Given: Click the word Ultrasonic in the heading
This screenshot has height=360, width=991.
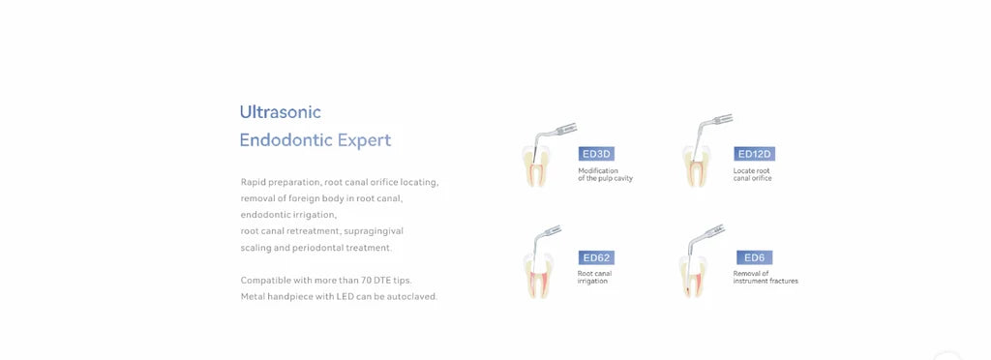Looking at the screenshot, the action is (x=280, y=112).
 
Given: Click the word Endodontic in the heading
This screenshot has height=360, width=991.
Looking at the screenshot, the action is (x=286, y=140).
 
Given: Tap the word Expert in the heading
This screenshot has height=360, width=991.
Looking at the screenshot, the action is (x=364, y=141).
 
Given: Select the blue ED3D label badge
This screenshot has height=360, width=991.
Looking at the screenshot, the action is (x=596, y=154).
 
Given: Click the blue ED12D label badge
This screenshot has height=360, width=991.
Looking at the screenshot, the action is (x=754, y=154).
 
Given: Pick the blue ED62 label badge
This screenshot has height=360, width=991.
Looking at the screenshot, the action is (x=596, y=257).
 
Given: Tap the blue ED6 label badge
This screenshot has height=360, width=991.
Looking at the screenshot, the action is (x=754, y=257).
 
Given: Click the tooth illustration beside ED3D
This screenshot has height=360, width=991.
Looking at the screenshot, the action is (x=535, y=166).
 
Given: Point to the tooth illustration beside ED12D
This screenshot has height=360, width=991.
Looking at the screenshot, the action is (x=695, y=166).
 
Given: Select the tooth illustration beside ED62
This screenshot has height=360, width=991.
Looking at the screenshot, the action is (x=538, y=276).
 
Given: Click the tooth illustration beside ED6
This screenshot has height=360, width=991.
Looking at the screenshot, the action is (x=693, y=276).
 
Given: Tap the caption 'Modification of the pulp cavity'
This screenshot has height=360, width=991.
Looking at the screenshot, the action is (x=605, y=174).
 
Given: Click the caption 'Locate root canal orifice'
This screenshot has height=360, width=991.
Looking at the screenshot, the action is (x=752, y=174).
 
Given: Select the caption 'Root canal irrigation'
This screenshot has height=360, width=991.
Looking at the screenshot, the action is (x=594, y=278).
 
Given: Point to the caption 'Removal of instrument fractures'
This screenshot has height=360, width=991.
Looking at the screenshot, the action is (x=766, y=278).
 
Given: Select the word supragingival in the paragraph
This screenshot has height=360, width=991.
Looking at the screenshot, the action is (x=375, y=232).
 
